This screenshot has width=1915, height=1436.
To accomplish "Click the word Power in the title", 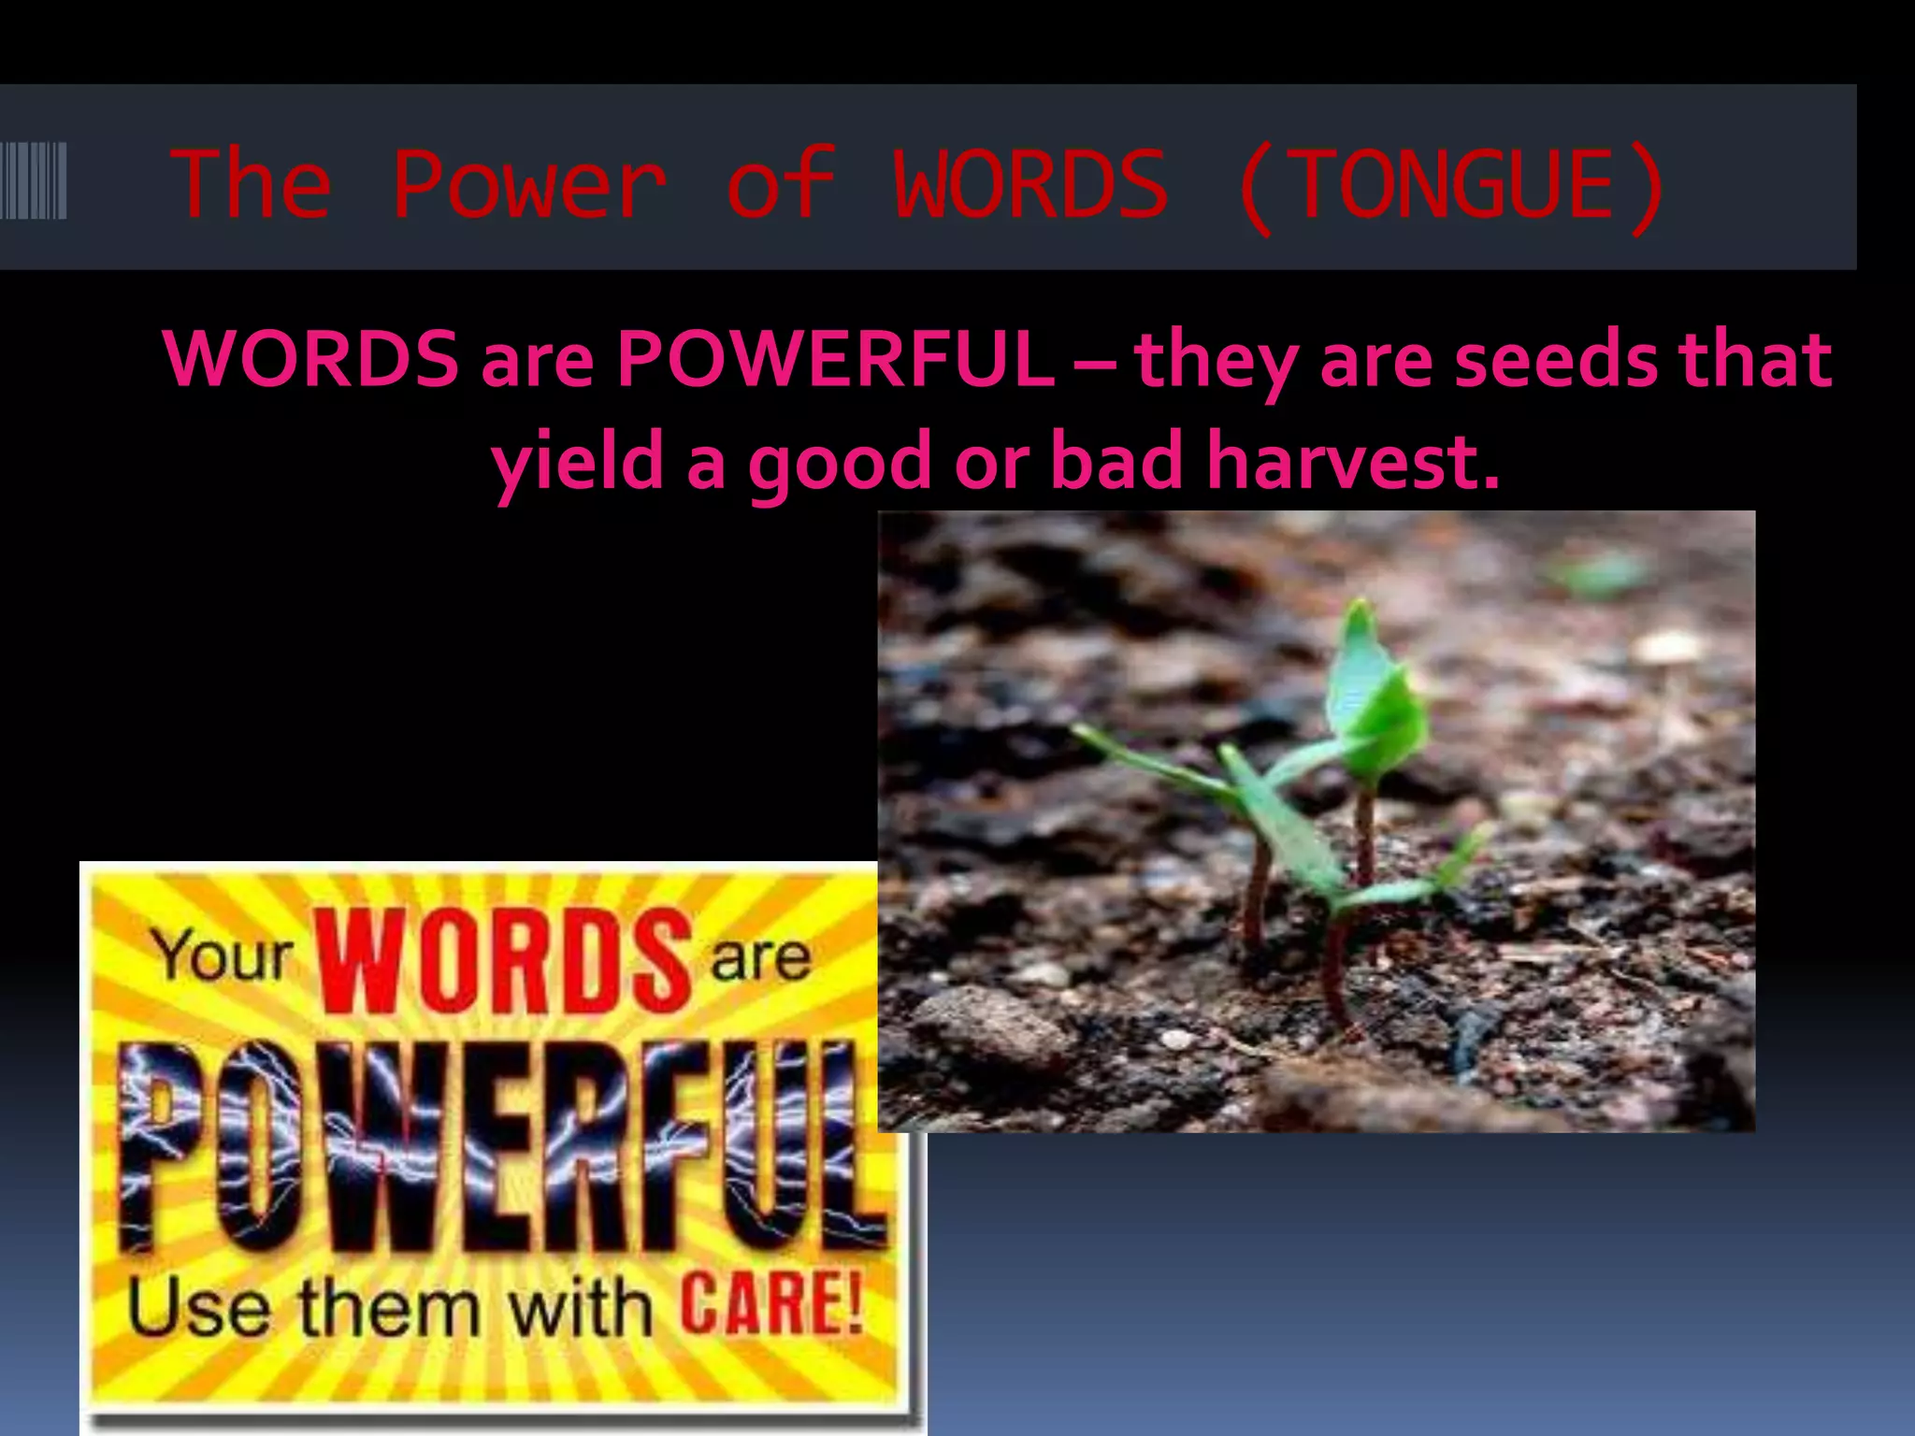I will point(529,184).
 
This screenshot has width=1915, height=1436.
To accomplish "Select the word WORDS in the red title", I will point(1030,184).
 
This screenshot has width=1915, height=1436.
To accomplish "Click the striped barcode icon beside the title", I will point(34,180).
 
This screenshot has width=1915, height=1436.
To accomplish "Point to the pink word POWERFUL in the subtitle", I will point(835,358).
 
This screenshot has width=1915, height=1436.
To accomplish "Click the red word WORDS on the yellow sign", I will point(505,960).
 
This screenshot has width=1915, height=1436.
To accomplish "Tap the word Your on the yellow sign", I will point(223,956).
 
